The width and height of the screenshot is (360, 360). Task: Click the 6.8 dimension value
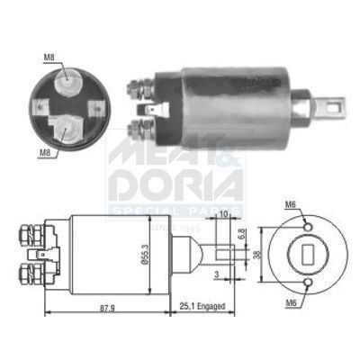tap(241, 233)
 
